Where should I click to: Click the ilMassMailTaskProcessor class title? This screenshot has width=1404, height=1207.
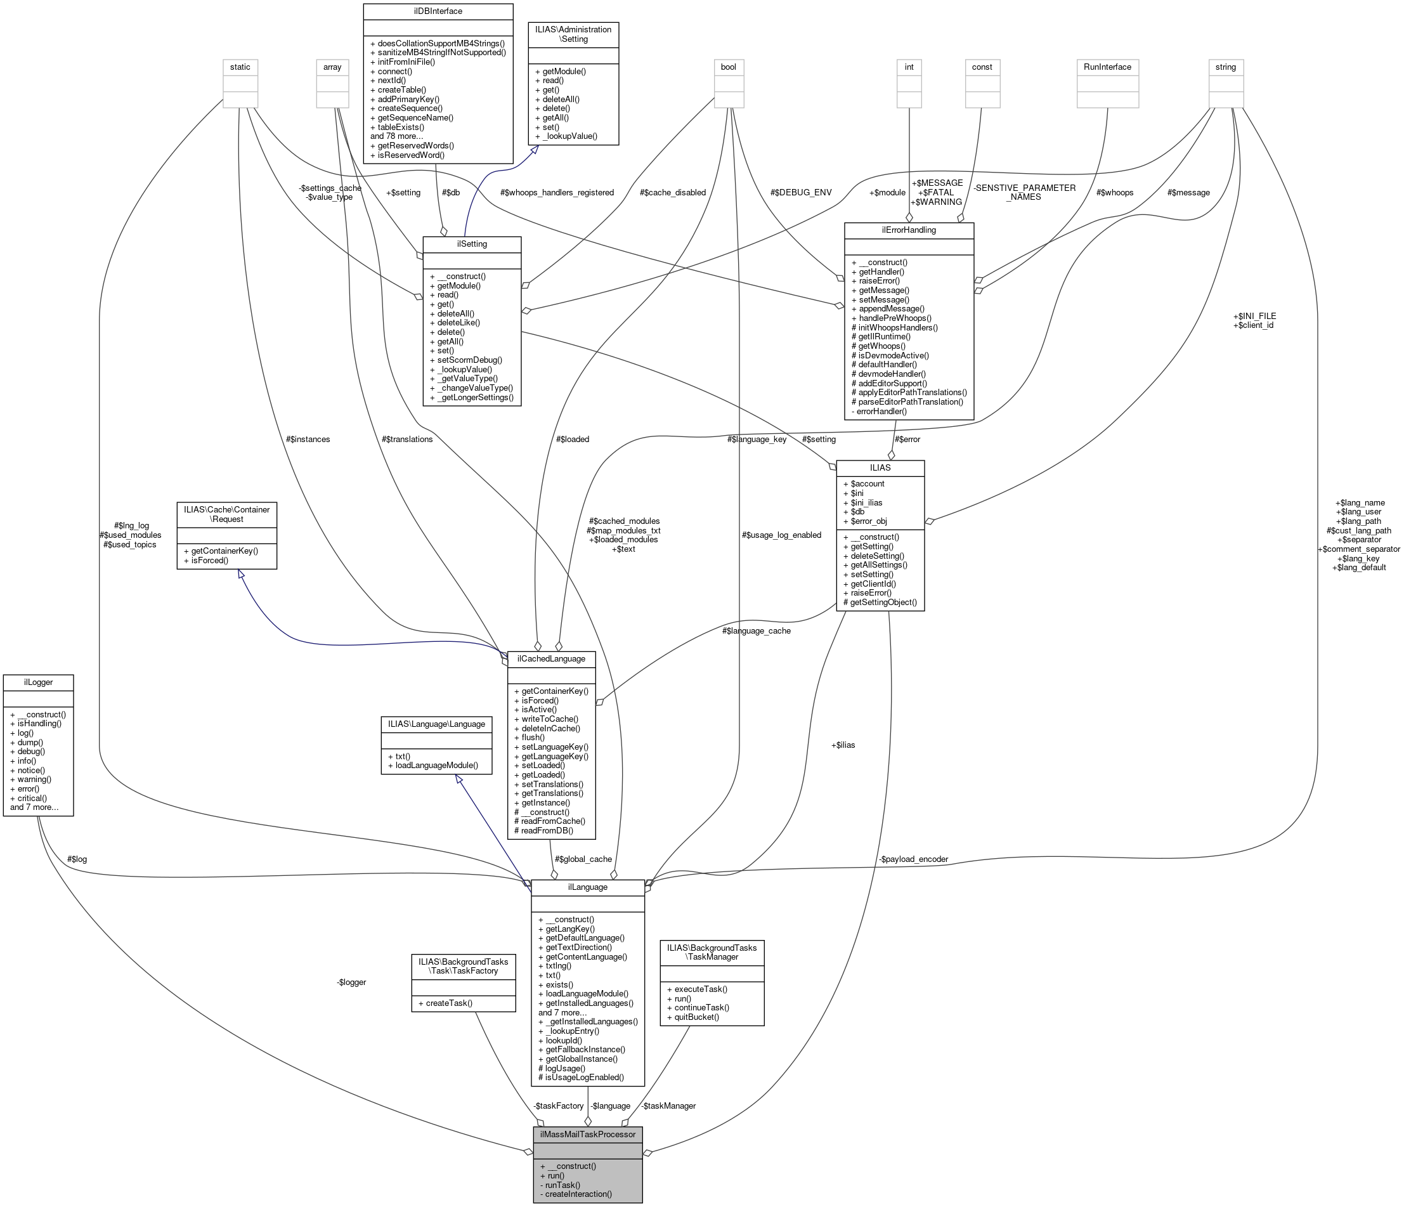click(587, 1134)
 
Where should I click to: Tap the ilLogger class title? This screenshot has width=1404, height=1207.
click(38, 682)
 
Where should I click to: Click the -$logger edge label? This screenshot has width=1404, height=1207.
click(351, 982)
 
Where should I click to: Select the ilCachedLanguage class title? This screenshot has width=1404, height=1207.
click(551, 659)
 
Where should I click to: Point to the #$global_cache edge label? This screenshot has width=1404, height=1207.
click(583, 859)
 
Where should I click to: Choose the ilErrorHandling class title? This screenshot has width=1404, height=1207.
click(908, 230)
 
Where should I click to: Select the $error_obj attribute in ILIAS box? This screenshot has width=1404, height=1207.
click(863, 521)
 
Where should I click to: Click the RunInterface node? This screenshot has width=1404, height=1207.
click(1107, 67)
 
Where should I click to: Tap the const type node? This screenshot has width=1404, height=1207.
click(981, 67)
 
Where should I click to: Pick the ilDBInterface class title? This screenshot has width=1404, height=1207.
click(437, 11)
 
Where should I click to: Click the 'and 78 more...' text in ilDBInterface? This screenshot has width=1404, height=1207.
click(396, 136)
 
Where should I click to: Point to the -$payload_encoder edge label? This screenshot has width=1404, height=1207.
click(913, 859)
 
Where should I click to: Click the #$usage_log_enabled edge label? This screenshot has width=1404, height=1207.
click(781, 535)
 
